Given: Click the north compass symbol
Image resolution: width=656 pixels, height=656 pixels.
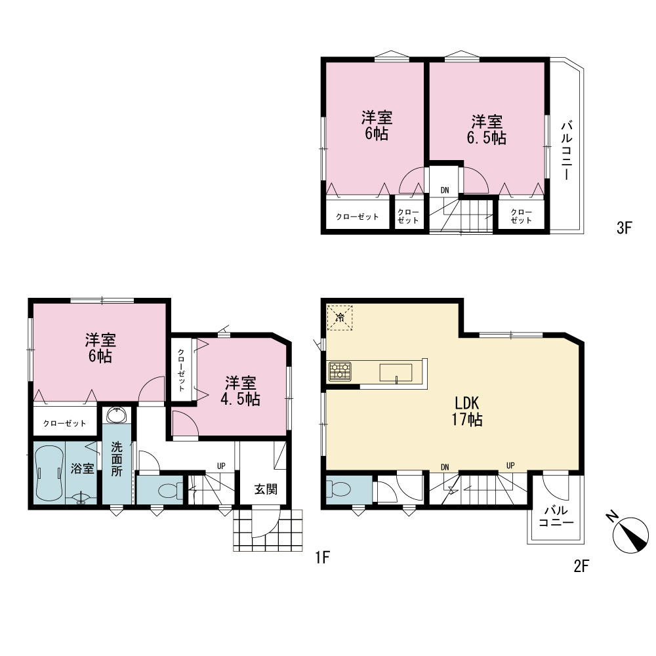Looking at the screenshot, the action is (629, 534).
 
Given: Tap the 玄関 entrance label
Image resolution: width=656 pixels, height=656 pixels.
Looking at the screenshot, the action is (266, 489).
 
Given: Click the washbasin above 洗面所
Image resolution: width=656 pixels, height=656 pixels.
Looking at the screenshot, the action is (117, 415).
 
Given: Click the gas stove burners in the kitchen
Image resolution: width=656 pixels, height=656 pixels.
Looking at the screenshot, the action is (340, 371).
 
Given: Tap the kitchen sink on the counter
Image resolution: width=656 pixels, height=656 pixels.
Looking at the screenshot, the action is (396, 373).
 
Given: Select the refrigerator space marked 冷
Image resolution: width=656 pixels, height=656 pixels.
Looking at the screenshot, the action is (340, 318).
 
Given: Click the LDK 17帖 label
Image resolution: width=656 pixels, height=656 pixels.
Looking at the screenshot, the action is (467, 411).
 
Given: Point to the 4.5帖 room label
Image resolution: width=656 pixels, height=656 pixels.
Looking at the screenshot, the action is (240, 391).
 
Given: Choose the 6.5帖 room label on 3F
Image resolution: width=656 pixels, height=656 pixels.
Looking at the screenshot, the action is (487, 130).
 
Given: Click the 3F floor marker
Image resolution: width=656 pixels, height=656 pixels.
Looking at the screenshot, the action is (623, 228).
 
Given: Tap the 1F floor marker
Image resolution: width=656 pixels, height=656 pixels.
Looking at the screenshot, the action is (323, 557).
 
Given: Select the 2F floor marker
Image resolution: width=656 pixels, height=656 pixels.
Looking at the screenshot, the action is (581, 566).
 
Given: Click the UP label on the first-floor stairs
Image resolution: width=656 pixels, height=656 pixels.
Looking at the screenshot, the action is (221, 466).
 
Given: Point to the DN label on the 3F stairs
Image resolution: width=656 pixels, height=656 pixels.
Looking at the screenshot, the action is (445, 190).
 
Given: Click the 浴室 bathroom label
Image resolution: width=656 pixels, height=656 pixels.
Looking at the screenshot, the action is (83, 468).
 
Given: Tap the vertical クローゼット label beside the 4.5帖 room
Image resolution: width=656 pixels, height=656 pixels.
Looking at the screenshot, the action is (181, 370).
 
